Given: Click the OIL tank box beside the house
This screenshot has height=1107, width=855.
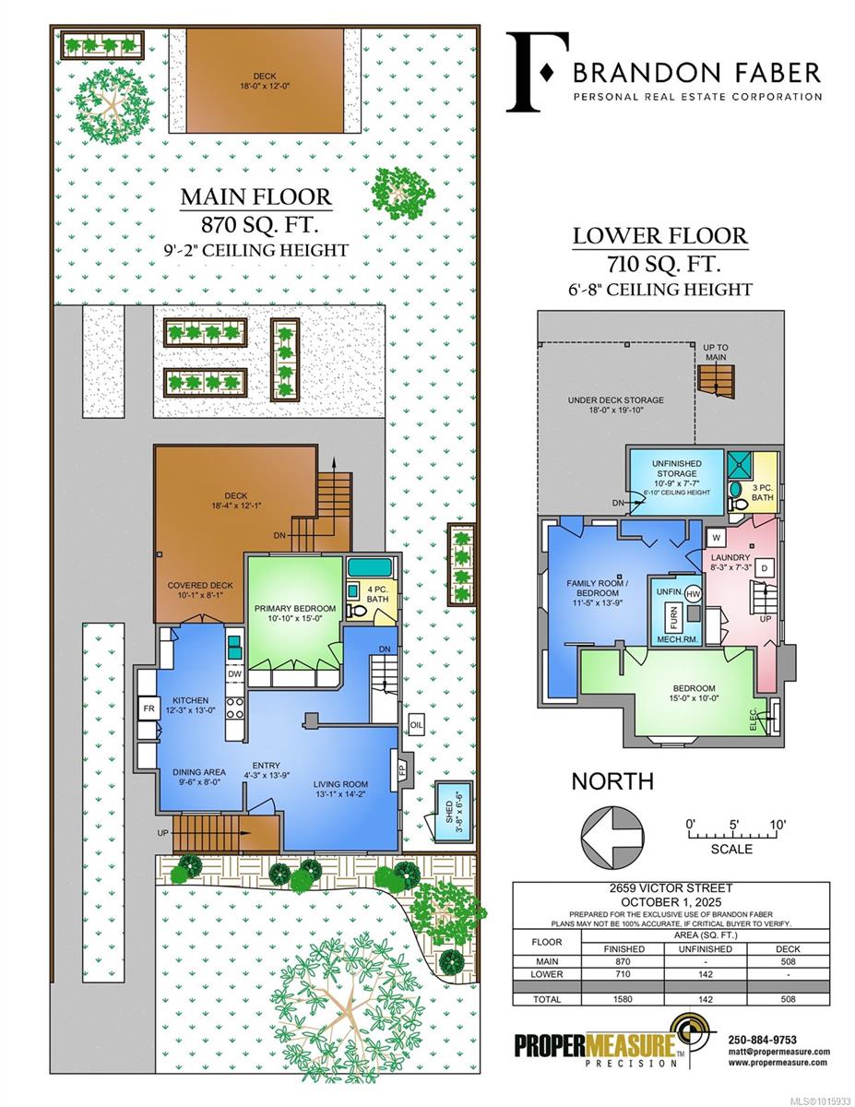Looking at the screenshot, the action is (x=416, y=725).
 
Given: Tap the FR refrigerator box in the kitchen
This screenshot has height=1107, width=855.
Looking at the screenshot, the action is (x=148, y=708).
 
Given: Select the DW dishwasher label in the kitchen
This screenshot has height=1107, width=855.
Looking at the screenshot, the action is (x=234, y=674).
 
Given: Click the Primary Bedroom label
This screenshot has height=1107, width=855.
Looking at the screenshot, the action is (x=295, y=608).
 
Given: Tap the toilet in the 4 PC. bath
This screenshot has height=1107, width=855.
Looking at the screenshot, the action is (x=356, y=611).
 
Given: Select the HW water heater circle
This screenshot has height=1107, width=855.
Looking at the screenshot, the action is (x=693, y=593).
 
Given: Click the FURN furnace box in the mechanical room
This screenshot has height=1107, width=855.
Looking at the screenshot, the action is (x=673, y=618).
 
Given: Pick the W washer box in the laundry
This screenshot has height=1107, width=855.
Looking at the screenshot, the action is (x=717, y=538).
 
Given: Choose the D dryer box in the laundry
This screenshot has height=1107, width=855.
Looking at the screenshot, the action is (x=764, y=567).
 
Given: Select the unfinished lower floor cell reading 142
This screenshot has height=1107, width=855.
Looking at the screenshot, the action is (x=706, y=974).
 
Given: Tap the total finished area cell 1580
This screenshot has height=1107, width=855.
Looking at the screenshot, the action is (x=623, y=999).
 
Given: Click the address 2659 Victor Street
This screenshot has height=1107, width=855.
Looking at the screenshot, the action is (x=671, y=888).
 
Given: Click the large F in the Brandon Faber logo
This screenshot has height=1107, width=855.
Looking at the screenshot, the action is (x=537, y=72).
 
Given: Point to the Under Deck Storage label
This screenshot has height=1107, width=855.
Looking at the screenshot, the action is (x=616, y=400).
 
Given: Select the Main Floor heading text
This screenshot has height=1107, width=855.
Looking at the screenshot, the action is (x=256, y=196).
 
